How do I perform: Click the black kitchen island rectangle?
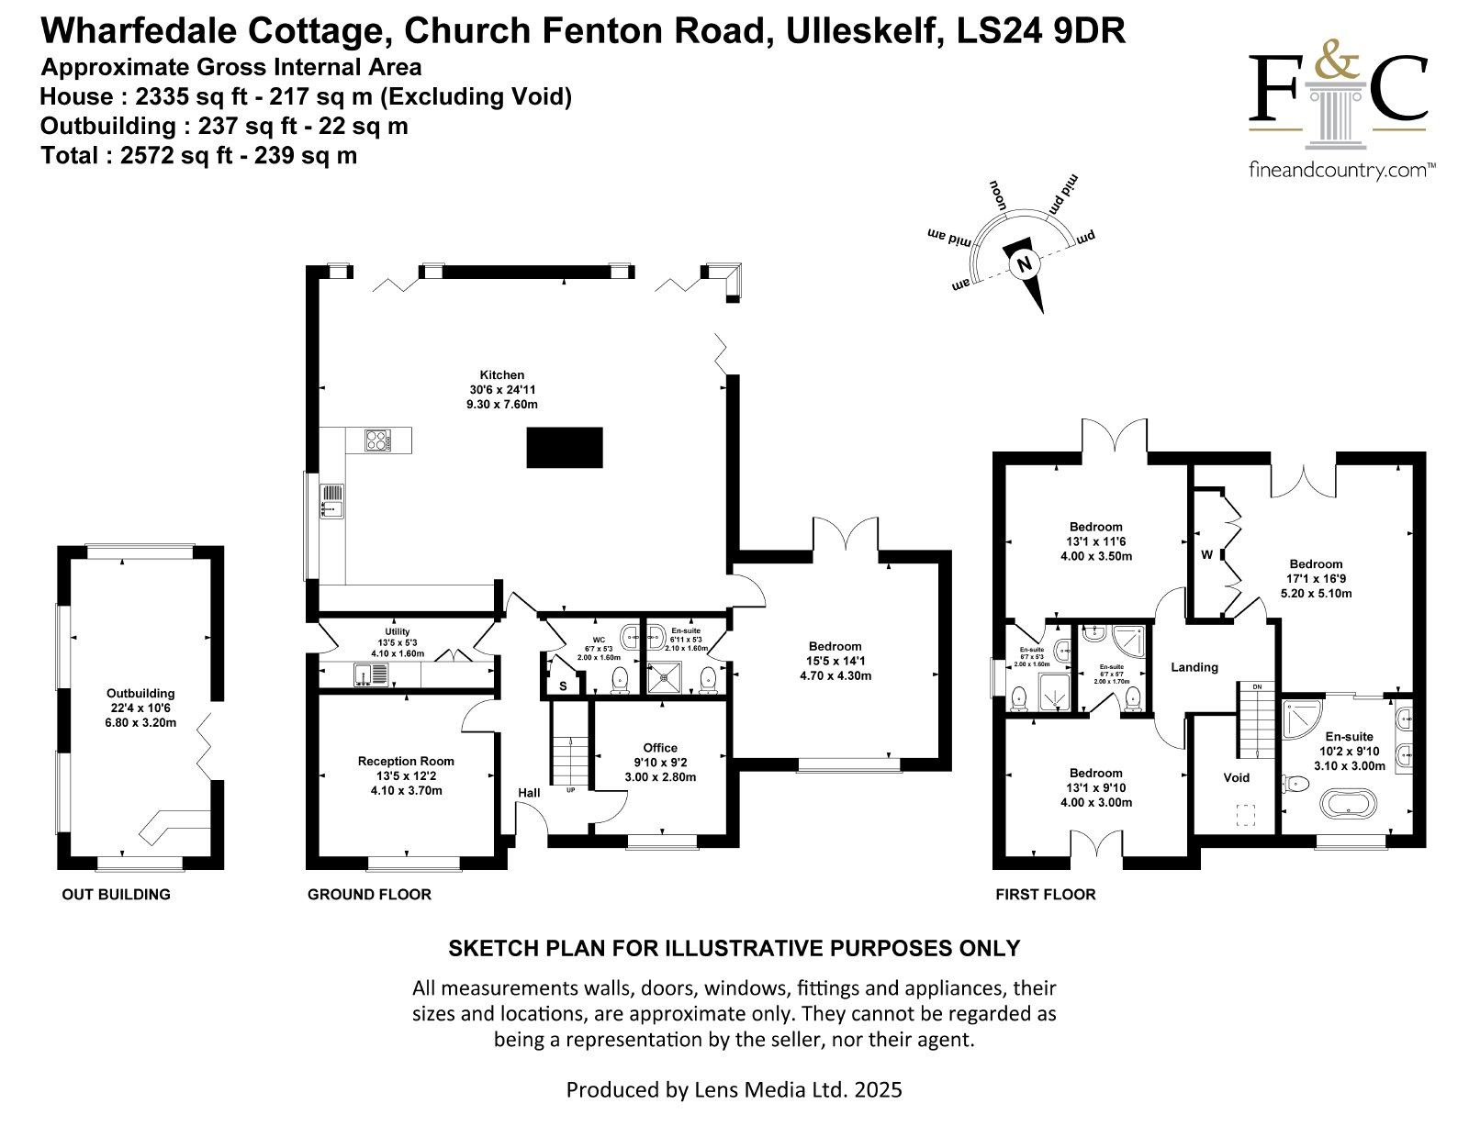(565, 447)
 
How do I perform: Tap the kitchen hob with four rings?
(378, 440)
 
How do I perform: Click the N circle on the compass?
(1025, 264)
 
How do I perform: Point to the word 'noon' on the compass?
(998, 195)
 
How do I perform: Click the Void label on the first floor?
(1236, 777)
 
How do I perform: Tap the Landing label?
(1194, 667)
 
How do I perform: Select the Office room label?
(660, 748)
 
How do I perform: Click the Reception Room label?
(406, 762)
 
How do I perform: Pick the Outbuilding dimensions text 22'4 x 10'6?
(140, 708)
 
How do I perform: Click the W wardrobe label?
(1206, 554)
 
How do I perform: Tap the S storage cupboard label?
(563, 687)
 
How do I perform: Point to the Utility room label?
(398, 631)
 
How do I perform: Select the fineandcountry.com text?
(1342, 170)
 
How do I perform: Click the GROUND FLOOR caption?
(369, 895)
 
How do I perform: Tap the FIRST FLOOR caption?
(1045, 895)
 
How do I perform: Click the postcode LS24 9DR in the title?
(1041, 30)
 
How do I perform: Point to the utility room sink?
(370, 674)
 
